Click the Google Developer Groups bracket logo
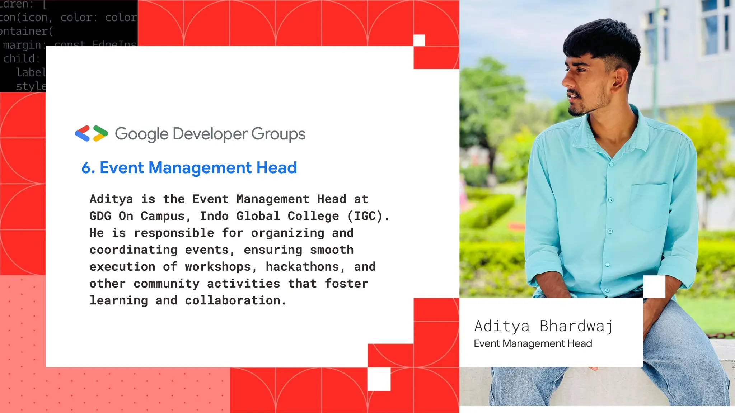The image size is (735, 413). (91, 133)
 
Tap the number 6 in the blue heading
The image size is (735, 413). (86, 168)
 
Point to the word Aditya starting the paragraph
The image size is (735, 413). (111, 199)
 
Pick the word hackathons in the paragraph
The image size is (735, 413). (302, 267)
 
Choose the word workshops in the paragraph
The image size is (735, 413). (218, 267)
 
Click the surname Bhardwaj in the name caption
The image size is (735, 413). (576, 326)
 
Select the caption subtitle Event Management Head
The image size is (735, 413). (533, 343)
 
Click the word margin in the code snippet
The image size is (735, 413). (22, 45)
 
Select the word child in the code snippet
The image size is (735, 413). (19, 59)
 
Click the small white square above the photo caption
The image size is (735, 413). (654, 286)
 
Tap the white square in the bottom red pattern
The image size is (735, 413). (379, 379)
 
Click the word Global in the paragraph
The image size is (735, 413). (258, 216)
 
